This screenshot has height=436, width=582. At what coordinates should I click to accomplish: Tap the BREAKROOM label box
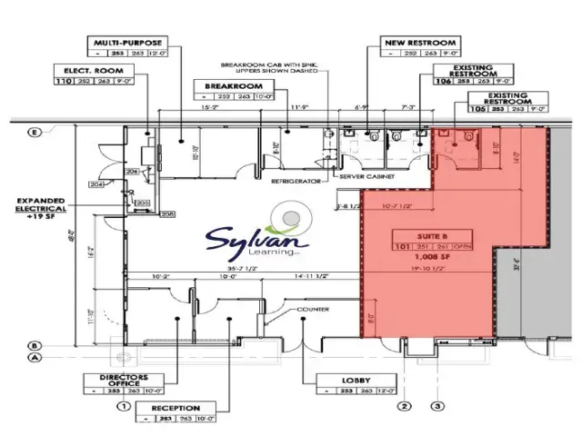coord(226,84)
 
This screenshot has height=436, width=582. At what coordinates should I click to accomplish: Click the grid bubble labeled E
coord(35,133)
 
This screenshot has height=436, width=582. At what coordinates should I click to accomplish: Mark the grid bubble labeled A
coord(35,357)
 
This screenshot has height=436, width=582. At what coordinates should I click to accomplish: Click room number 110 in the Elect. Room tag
coord(65,80)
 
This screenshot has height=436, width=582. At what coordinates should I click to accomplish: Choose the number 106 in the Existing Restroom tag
coord(444,80)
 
